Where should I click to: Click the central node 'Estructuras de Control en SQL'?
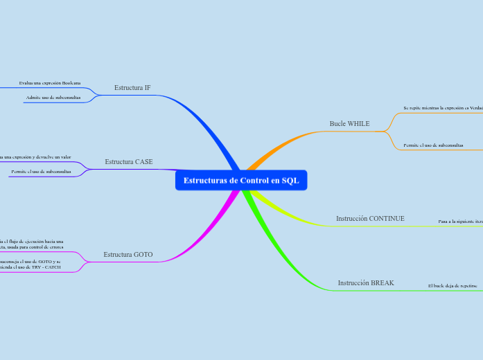(241, 181)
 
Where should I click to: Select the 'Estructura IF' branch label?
(132, 88)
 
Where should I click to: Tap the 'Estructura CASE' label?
(129, 161)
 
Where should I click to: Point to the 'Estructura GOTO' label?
(128, 255)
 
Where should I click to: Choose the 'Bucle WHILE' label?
(349, 124)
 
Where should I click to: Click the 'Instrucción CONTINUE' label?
(370, 218)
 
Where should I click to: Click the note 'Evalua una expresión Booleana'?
(50, 83)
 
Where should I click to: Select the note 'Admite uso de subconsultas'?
(53, 98)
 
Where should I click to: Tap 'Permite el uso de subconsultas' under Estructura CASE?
(41, 171)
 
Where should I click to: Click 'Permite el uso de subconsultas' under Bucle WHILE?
(433, 145)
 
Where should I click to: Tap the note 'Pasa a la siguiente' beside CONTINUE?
(460, 222)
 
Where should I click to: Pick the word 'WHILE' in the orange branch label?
(358, 124)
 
